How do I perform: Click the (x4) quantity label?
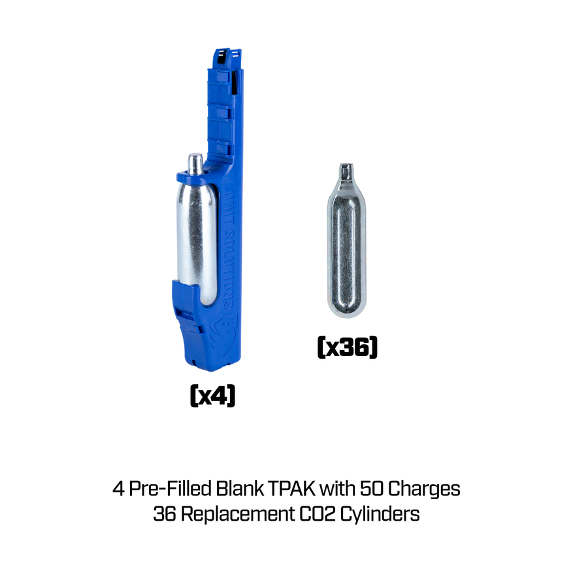click(212, 395)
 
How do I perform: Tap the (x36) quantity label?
click(347, 347)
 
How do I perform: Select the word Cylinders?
click(384, 514)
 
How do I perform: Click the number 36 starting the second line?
click(165, 514)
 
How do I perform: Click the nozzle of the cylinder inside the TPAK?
click(195, 160)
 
